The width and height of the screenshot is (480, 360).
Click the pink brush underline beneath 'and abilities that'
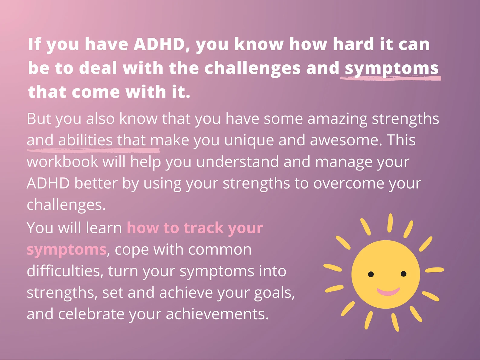93,150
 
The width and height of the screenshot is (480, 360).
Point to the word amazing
337,119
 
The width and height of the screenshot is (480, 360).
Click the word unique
249,141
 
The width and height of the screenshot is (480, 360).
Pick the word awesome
346,140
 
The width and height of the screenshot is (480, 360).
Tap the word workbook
62,162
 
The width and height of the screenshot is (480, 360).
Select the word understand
237,162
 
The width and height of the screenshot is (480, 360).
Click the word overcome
349,183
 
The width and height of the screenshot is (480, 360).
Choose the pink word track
203,228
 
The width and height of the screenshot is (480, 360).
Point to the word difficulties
65,271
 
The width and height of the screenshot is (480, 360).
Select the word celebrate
91,314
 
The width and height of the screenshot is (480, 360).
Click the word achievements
217,314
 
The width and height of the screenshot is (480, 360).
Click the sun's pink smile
388,292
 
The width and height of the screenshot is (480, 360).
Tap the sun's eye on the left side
371,274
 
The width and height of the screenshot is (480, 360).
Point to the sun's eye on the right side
404,274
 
